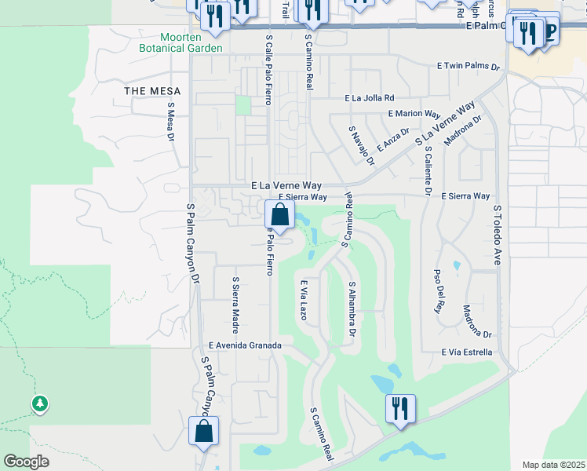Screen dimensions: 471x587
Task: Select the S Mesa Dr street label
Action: click(170, 121)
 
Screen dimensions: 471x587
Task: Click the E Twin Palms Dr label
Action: click(469, 68)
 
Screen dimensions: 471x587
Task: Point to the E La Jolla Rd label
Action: click(374, 98)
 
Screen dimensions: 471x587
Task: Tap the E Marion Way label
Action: click(413, 114)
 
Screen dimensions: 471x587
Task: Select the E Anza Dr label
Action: click(393, 140)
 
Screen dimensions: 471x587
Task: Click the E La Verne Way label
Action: click(288, 185)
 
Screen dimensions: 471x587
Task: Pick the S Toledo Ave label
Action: click(498, 235)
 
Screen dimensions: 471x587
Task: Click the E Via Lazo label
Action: click(302, 298)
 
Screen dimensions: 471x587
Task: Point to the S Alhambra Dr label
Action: click(352, 310)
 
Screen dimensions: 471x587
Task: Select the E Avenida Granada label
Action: click(244, 345)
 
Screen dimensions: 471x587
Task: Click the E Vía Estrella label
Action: click(467, 352)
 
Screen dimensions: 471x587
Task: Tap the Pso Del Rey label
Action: click(438, 291)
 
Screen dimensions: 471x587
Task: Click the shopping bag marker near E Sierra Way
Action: click(279, 214)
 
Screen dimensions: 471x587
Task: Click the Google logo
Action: click(26, 462)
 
